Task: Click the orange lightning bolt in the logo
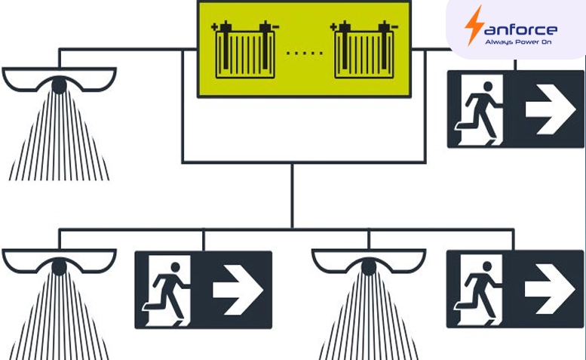point(474,26)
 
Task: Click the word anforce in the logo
point(521,29)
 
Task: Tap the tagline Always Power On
point(518,42)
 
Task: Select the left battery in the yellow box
point(245,50)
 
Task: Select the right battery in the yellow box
point(364,50)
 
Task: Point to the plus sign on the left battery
point(214,26)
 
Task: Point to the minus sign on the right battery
point(395,27)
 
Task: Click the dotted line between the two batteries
point(305,54)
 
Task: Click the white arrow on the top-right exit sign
point(550,109)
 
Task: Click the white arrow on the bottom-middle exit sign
point(238,290)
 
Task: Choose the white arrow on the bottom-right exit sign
point(550,289)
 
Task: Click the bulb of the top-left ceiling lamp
point(59,85)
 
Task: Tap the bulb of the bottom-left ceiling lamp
point(59,266)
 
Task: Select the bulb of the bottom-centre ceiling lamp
point(369,267)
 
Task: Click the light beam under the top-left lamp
point(59,137)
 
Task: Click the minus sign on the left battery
point(276,27)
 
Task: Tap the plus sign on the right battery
point(333,26)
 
